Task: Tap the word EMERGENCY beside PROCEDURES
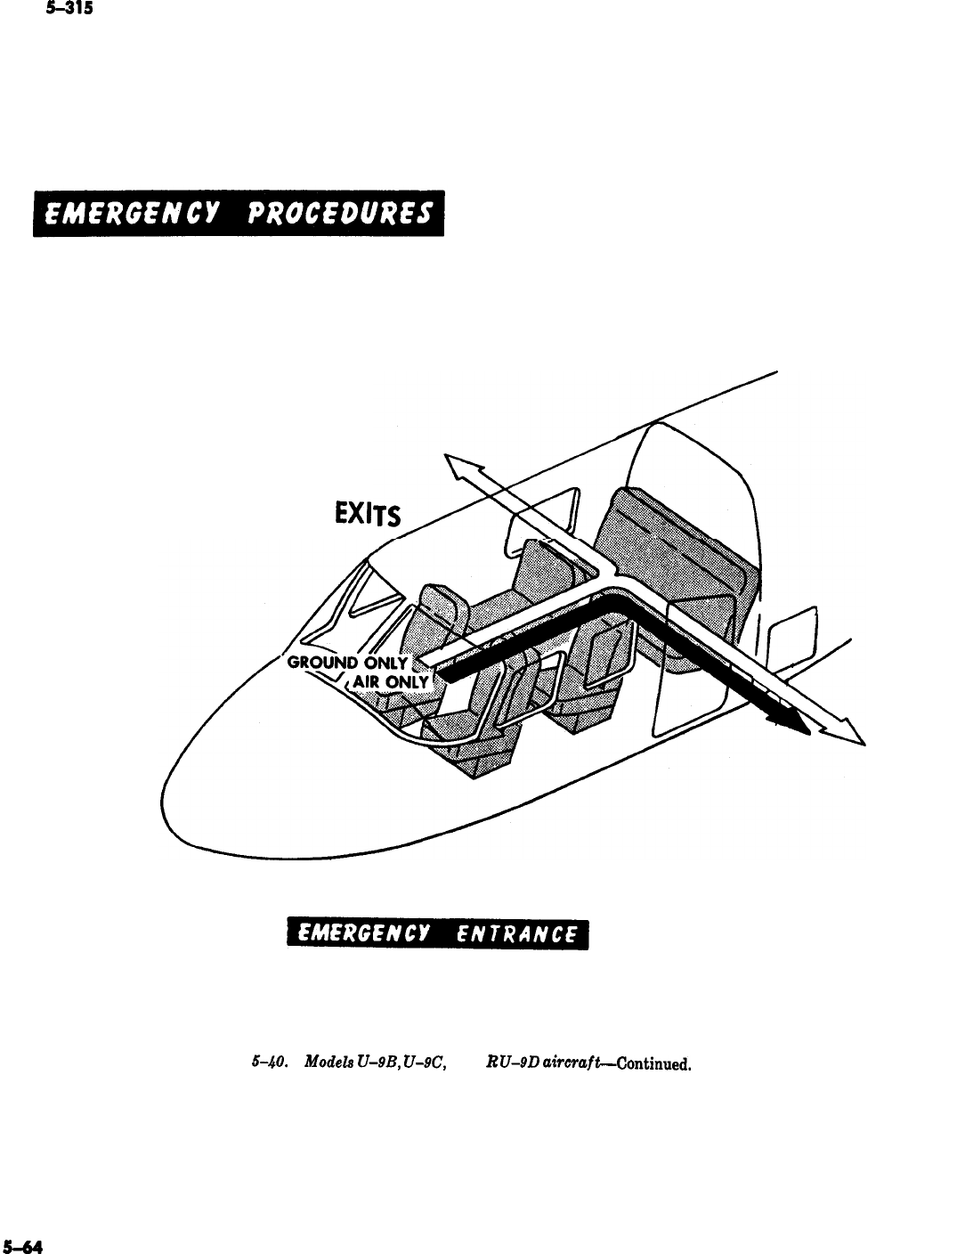(x=128, y=215)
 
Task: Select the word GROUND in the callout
(x=317, y=662)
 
